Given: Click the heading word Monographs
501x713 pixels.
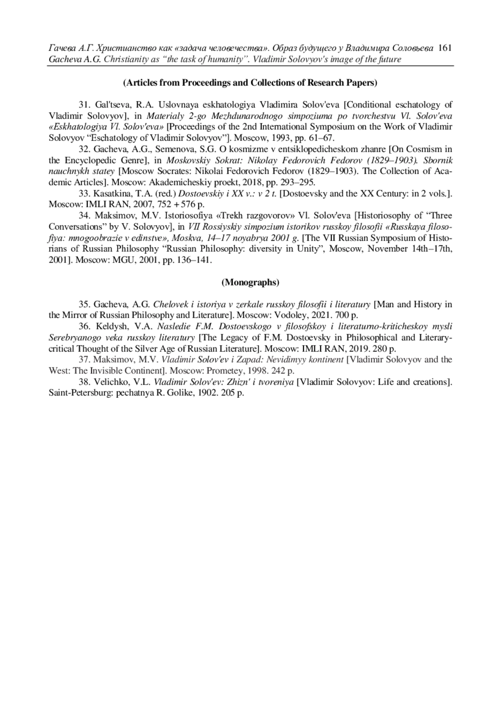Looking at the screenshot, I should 250,282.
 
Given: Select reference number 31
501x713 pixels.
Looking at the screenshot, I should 85,105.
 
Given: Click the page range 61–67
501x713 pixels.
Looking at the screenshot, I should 320,138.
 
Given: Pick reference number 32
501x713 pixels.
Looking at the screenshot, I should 85,149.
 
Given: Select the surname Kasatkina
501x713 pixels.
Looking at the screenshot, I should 113,193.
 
